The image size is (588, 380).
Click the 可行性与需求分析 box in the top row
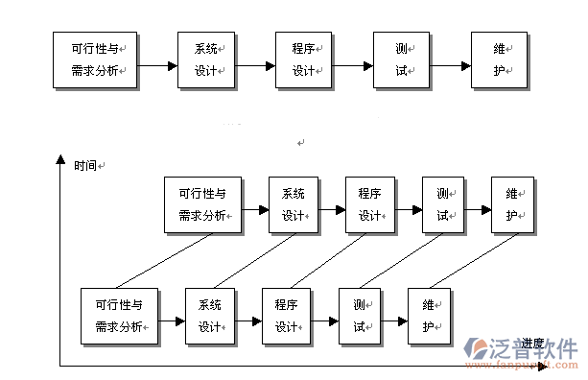tap(95, 59)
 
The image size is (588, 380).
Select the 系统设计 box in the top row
tap(207, 59)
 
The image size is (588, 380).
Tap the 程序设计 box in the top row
tap(304, 59)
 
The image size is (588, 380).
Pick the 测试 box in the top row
tap(402, 59)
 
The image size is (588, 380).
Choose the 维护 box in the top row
tap(500, 59)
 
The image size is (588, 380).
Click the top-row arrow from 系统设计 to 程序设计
tap(255, 66)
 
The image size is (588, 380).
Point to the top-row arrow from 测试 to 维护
tap(451, 66)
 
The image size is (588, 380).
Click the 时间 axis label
tap(85, 165)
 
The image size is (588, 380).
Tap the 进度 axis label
tap(533, 343)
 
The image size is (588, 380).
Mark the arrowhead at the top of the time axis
tap(59, 158)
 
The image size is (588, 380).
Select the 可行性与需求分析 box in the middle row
tap(202, 204)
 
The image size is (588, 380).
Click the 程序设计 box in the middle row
tap(371, 204)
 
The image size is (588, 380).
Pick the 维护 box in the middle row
tap(512, 204)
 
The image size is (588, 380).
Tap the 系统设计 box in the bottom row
tap(210, 316)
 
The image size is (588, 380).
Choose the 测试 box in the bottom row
tap(360, 316)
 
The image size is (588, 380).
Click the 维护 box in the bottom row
tap(429, 316)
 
